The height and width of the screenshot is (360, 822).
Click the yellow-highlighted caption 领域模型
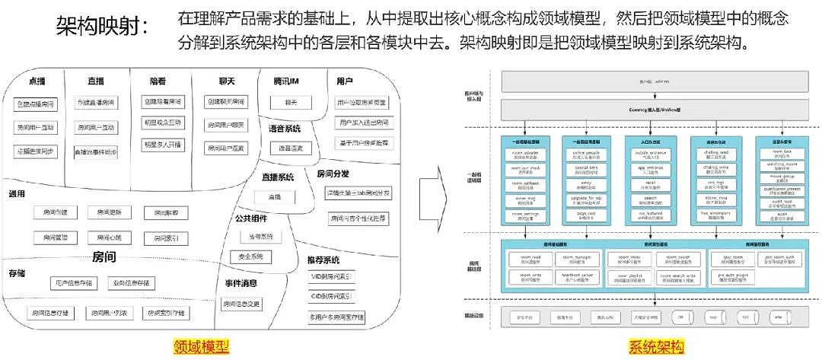click(202, 346)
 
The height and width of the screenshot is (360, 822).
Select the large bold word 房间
click(104, 256)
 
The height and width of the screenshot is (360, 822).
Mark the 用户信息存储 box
click(74, 283)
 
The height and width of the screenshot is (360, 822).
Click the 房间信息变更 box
click(242, 304)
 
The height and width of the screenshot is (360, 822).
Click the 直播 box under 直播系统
click(274, 196)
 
